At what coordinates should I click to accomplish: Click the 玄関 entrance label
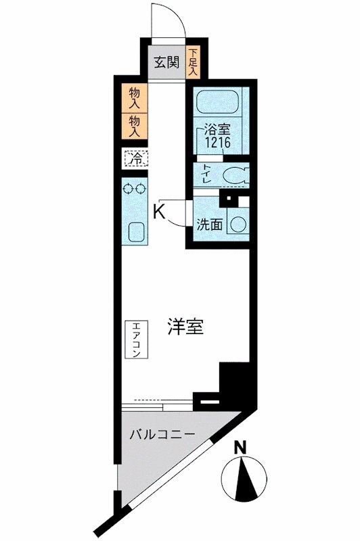(165, 63)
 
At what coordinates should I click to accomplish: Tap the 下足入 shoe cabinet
(194, 62)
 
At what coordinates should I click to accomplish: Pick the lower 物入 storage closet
(134, 126)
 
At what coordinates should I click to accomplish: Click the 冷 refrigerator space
(135, 160)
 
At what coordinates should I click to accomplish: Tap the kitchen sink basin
(135, 232)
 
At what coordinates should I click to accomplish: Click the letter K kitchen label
(158, 211)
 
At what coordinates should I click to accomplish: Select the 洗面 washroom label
(209, 225)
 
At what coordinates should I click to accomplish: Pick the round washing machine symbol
(238, 223)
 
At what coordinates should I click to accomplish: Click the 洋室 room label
(185, 327)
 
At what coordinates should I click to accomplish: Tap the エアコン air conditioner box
(136, 339)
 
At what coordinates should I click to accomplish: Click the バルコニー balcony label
(162, 433)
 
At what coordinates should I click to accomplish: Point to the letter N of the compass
(238, 447)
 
